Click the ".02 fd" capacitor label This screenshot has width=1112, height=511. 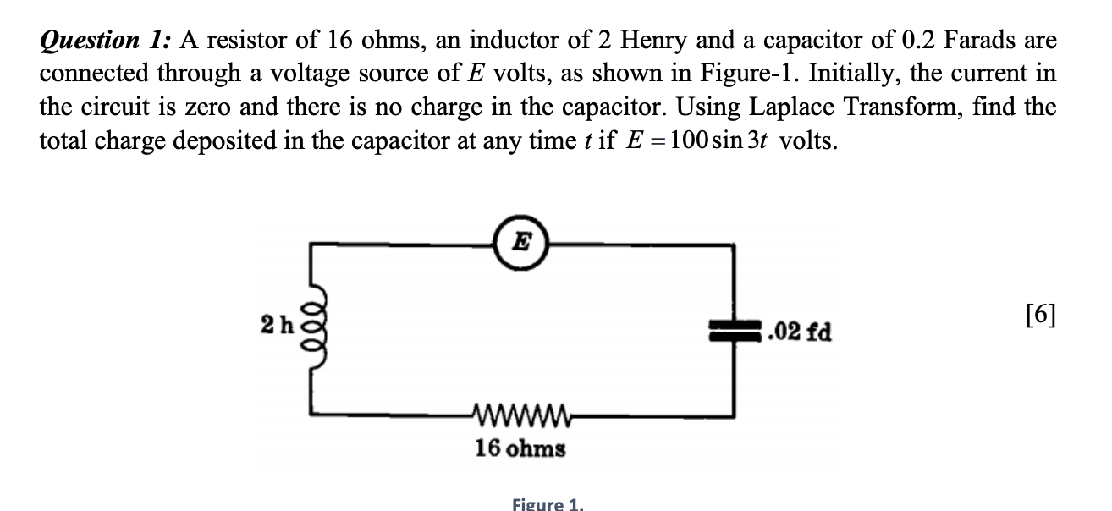coord(799,332)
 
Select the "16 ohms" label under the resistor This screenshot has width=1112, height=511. coord(520,448)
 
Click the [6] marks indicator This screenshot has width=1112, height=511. coord(1040,315)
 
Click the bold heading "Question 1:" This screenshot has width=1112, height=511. coord(106,40)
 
